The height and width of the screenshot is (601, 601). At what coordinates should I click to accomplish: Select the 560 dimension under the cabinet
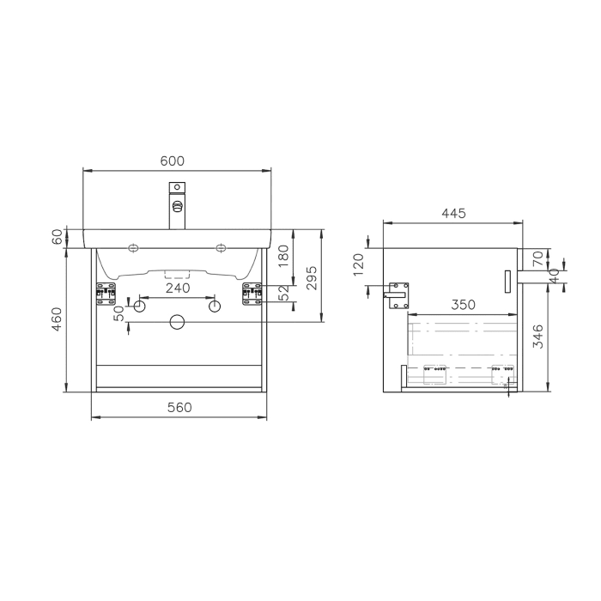(179, 407)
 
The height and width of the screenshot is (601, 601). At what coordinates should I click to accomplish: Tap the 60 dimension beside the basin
(58, 238)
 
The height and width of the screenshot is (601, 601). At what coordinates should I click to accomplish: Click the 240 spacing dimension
(178, 288)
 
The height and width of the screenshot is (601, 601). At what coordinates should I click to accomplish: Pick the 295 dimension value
(313, 276)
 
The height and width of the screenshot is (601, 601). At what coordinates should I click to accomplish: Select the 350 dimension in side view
(463, 305)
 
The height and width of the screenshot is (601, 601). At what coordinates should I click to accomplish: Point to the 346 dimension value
(537, 335)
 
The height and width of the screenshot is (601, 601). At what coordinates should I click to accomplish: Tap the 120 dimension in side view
(359, 261)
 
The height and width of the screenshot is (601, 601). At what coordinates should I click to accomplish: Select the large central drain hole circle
(178, 322)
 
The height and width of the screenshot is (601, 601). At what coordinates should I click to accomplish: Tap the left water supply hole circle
(141, 307)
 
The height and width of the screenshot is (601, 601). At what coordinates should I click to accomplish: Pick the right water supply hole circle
(215, 307)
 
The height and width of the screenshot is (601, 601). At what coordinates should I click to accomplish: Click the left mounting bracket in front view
(106, 294)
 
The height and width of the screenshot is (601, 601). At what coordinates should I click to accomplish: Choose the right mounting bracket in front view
(252, 294)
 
